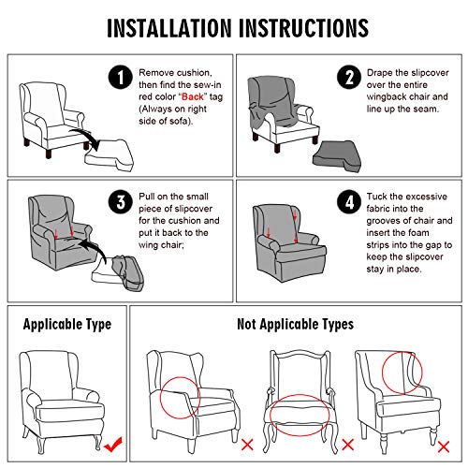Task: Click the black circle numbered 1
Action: click(121, 77)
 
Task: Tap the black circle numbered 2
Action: click(349, 77)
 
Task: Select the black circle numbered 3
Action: click(121, 201)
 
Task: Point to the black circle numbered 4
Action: click(349, 201)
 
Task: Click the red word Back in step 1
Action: click(193, 96)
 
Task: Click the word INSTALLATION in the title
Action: click(169, 28)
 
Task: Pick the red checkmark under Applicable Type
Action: click(113, 445)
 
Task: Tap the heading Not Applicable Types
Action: click(295, 325)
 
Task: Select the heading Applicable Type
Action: click(67, 325)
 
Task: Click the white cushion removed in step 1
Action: click(110, 155)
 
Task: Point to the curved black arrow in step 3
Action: click(94, 246)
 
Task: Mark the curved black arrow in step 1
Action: click(86, 135)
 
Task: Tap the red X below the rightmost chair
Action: click(444, 446)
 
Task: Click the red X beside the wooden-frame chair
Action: click(348, 445)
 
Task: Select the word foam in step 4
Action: click(418, 233)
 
